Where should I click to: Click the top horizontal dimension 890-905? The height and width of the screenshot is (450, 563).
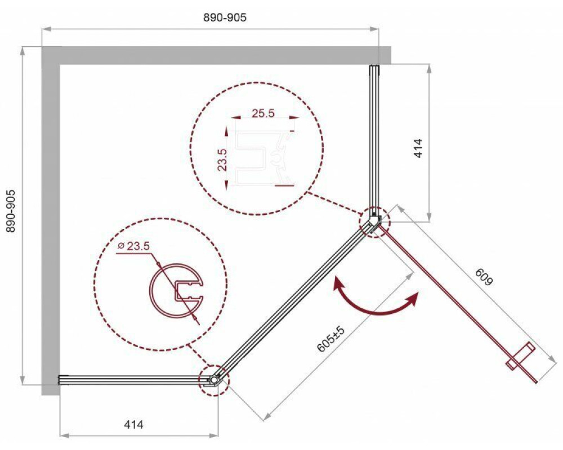point(225,17)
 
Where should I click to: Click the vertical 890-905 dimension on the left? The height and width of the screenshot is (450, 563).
point(11,211)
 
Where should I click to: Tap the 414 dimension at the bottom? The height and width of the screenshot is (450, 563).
point(133,425)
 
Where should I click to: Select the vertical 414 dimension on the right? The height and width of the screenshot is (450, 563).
point(418,148)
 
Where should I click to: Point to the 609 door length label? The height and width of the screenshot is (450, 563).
point(484,277)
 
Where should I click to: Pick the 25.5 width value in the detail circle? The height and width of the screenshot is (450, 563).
point(263,113)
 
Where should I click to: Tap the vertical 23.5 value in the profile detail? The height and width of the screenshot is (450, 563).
point(222,160)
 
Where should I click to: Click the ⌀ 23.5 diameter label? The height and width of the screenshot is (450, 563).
point(133,246)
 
